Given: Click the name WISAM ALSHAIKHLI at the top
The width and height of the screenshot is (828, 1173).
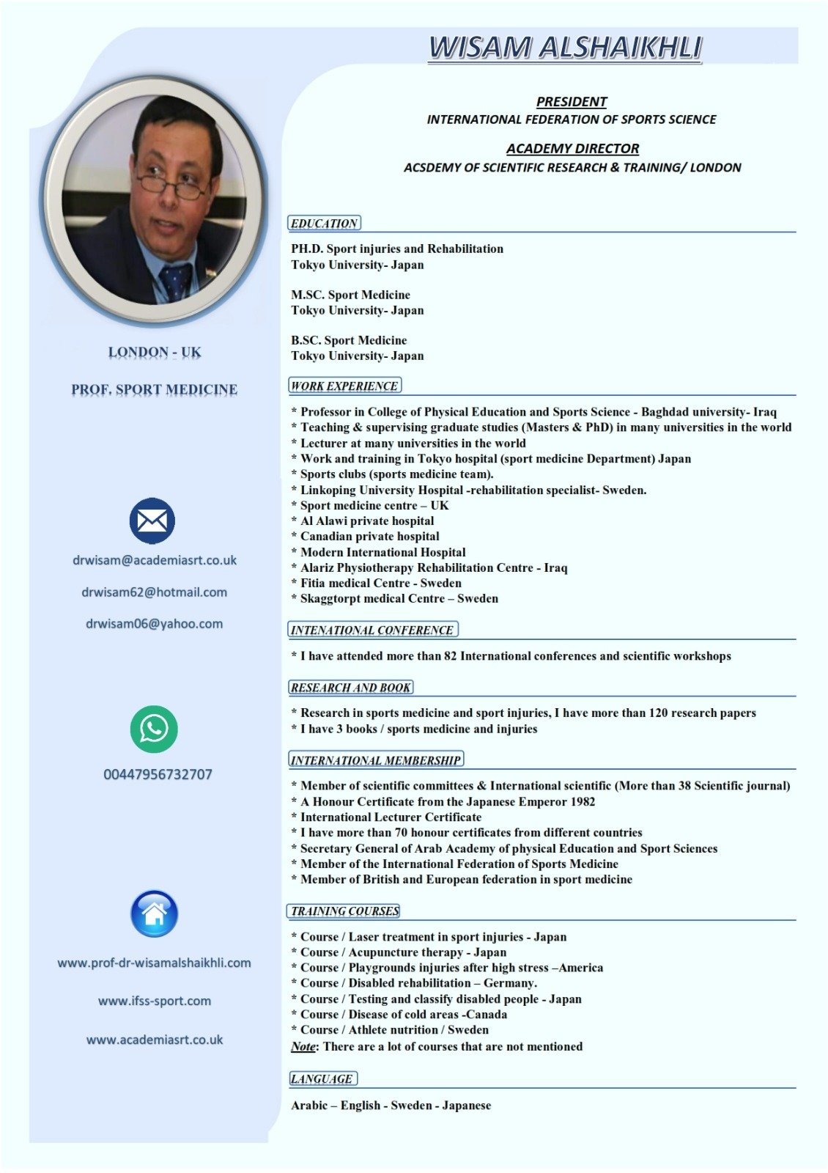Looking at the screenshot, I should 565,48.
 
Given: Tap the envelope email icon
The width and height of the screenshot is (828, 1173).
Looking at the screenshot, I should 152,521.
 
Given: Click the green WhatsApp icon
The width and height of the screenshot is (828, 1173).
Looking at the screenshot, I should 154,729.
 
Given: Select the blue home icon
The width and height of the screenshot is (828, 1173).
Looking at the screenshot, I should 154,913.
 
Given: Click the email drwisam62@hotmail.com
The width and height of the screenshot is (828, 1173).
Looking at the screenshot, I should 154,592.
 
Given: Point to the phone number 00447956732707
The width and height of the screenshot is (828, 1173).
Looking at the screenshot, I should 158,774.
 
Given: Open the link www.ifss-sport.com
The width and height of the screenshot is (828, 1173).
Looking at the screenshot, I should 154,1001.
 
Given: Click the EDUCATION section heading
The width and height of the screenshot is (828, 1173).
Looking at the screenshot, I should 324,224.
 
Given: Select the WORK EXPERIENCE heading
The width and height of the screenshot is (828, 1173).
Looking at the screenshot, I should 344,386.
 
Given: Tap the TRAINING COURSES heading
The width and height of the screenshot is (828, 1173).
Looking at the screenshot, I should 344,911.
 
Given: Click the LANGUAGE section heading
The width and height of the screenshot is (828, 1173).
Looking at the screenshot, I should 322,1078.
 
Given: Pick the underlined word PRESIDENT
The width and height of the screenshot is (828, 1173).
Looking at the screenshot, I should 572,102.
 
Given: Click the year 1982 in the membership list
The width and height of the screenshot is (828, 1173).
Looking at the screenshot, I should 582,801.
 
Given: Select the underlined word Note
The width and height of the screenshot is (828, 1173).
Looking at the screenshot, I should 303,1046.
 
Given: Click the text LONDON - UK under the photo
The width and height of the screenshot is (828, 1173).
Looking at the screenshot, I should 155,353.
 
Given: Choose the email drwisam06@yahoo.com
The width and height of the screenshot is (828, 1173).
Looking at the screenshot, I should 154,624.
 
